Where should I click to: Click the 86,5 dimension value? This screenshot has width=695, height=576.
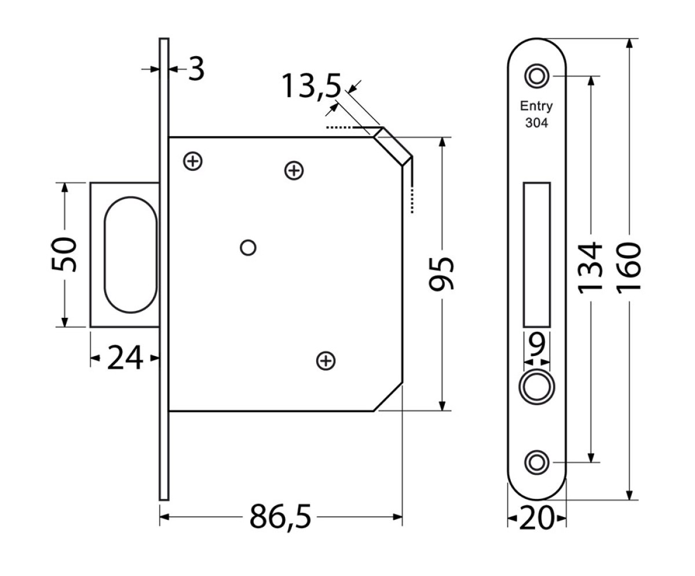pyautogui.click(x=280, y=516)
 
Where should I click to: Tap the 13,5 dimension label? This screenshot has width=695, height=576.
pyautogui.click(x=312, y=86)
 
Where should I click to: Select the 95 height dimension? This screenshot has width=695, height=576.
pyautogui.click(x=441, y=274)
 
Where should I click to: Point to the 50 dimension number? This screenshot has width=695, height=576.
pyautogui.click(x=64, y=255)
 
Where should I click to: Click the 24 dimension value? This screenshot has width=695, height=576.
pyautogui.click(x=125, y=358)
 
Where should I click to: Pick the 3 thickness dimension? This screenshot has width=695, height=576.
pyautogui.click(x=196, y=69)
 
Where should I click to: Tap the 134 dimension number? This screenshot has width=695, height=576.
pyautogui.click(x=590, y=269)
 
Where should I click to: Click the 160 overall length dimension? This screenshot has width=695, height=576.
pyautogui.click(x=628, y=269)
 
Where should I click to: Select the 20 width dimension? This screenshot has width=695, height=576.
pyautogui.click(x=536, y=518)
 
